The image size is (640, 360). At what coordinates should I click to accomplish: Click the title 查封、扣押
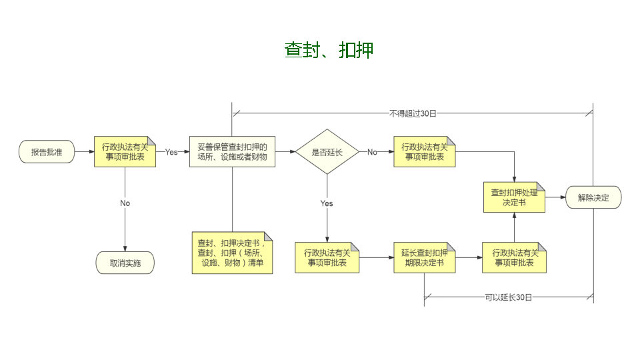[329, 51]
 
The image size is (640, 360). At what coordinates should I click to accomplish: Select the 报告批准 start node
[47, 152]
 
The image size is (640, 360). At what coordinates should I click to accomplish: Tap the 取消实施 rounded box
[125, 263]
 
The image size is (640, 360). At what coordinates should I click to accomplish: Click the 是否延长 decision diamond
[327, 152]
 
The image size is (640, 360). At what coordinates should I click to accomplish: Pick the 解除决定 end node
[593, 197]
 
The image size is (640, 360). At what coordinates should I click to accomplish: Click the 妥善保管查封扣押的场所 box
[232, 152]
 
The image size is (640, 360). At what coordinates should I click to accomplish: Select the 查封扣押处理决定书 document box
[513, 197]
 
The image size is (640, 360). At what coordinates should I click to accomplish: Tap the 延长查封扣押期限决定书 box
[424, 258]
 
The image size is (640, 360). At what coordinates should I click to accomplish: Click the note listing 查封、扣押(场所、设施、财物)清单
[232, 253]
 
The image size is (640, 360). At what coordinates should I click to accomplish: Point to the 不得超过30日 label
[412, 114]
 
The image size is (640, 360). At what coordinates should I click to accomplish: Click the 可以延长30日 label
[509, 297]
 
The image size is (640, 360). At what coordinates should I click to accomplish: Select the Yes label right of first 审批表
[171, 152]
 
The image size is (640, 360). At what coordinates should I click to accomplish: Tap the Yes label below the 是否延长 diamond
[327, 203]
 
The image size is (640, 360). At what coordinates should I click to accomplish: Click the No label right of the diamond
[372, 152]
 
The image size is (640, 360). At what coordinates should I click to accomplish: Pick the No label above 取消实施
[125, 203]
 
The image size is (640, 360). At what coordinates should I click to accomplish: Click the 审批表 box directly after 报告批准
[125, 152]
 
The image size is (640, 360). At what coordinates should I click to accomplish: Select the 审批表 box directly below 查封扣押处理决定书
[513, 258]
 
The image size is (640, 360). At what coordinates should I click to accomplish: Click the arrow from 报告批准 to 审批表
[83, 152]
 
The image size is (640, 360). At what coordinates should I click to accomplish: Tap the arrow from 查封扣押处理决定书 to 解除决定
[555, 197]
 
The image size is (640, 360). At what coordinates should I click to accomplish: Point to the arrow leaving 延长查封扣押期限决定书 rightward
[468, 257]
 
